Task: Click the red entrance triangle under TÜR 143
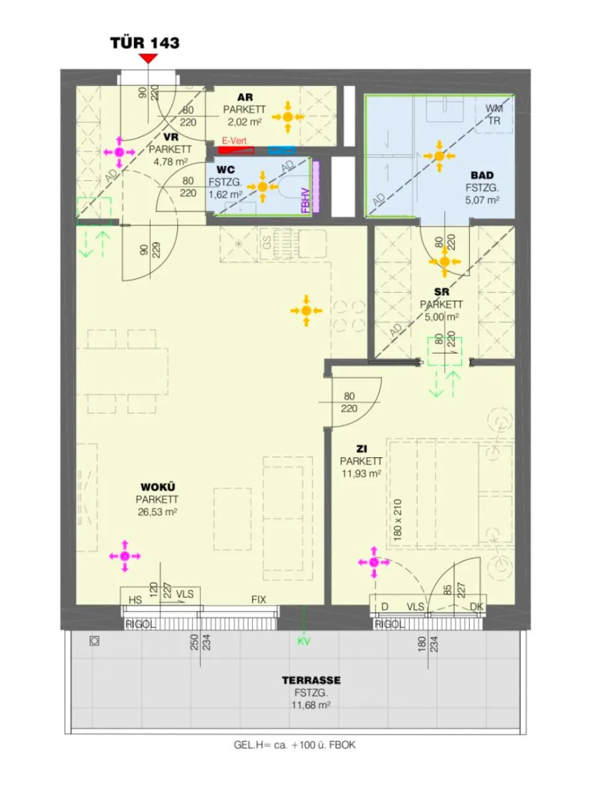(x=148, y=59)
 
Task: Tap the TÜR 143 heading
(x=145, y=42)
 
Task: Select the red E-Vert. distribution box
(x=236, y=150)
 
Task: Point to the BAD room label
(x=482, y=175)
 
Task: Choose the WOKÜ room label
(x=158, y=487)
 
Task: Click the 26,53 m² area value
(x=157, y=512)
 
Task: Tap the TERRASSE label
(x=311, y=681)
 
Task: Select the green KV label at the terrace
(x=304, y=642)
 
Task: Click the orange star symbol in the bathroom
(x=439, y=156)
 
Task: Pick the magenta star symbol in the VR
(x=119, y=152)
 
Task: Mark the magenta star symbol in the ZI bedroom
(x=374, y=562)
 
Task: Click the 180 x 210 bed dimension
(x=398, y=519)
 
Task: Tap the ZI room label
(x=361, y=449)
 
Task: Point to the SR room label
(x=441, y=292)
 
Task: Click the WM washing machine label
(x=494, y=108)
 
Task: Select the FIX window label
(x=259, y=599)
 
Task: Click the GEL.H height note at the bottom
(x=295, y=745)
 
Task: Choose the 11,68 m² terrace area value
(x=311, y=706)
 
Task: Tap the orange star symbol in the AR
(x=287, y=117)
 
